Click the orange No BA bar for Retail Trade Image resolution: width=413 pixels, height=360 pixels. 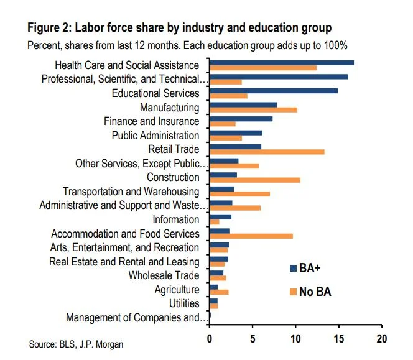[267, 152]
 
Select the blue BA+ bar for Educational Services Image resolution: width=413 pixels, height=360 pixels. [274, 90]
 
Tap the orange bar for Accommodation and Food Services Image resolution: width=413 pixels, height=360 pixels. [251, 236]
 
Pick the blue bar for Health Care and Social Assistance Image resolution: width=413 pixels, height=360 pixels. [282, 62]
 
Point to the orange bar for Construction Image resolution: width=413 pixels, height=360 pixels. [255, 180]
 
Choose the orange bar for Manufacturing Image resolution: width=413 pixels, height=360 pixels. [253, 110]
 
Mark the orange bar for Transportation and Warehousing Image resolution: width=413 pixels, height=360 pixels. [239, 194]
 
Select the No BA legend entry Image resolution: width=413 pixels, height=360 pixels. [310, 292]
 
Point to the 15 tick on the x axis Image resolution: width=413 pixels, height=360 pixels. [338, 339]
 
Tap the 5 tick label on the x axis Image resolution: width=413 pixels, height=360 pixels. [253, 339]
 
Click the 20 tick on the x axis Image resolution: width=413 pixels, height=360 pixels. [381, 339]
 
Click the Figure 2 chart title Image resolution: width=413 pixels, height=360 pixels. [179, 28]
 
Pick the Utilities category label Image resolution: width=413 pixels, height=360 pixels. [184, 303]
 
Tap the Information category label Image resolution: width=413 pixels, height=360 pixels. [176, 219]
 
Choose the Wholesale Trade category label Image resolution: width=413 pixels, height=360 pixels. [164, 275]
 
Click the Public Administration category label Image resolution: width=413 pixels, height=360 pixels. [155, 136]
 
